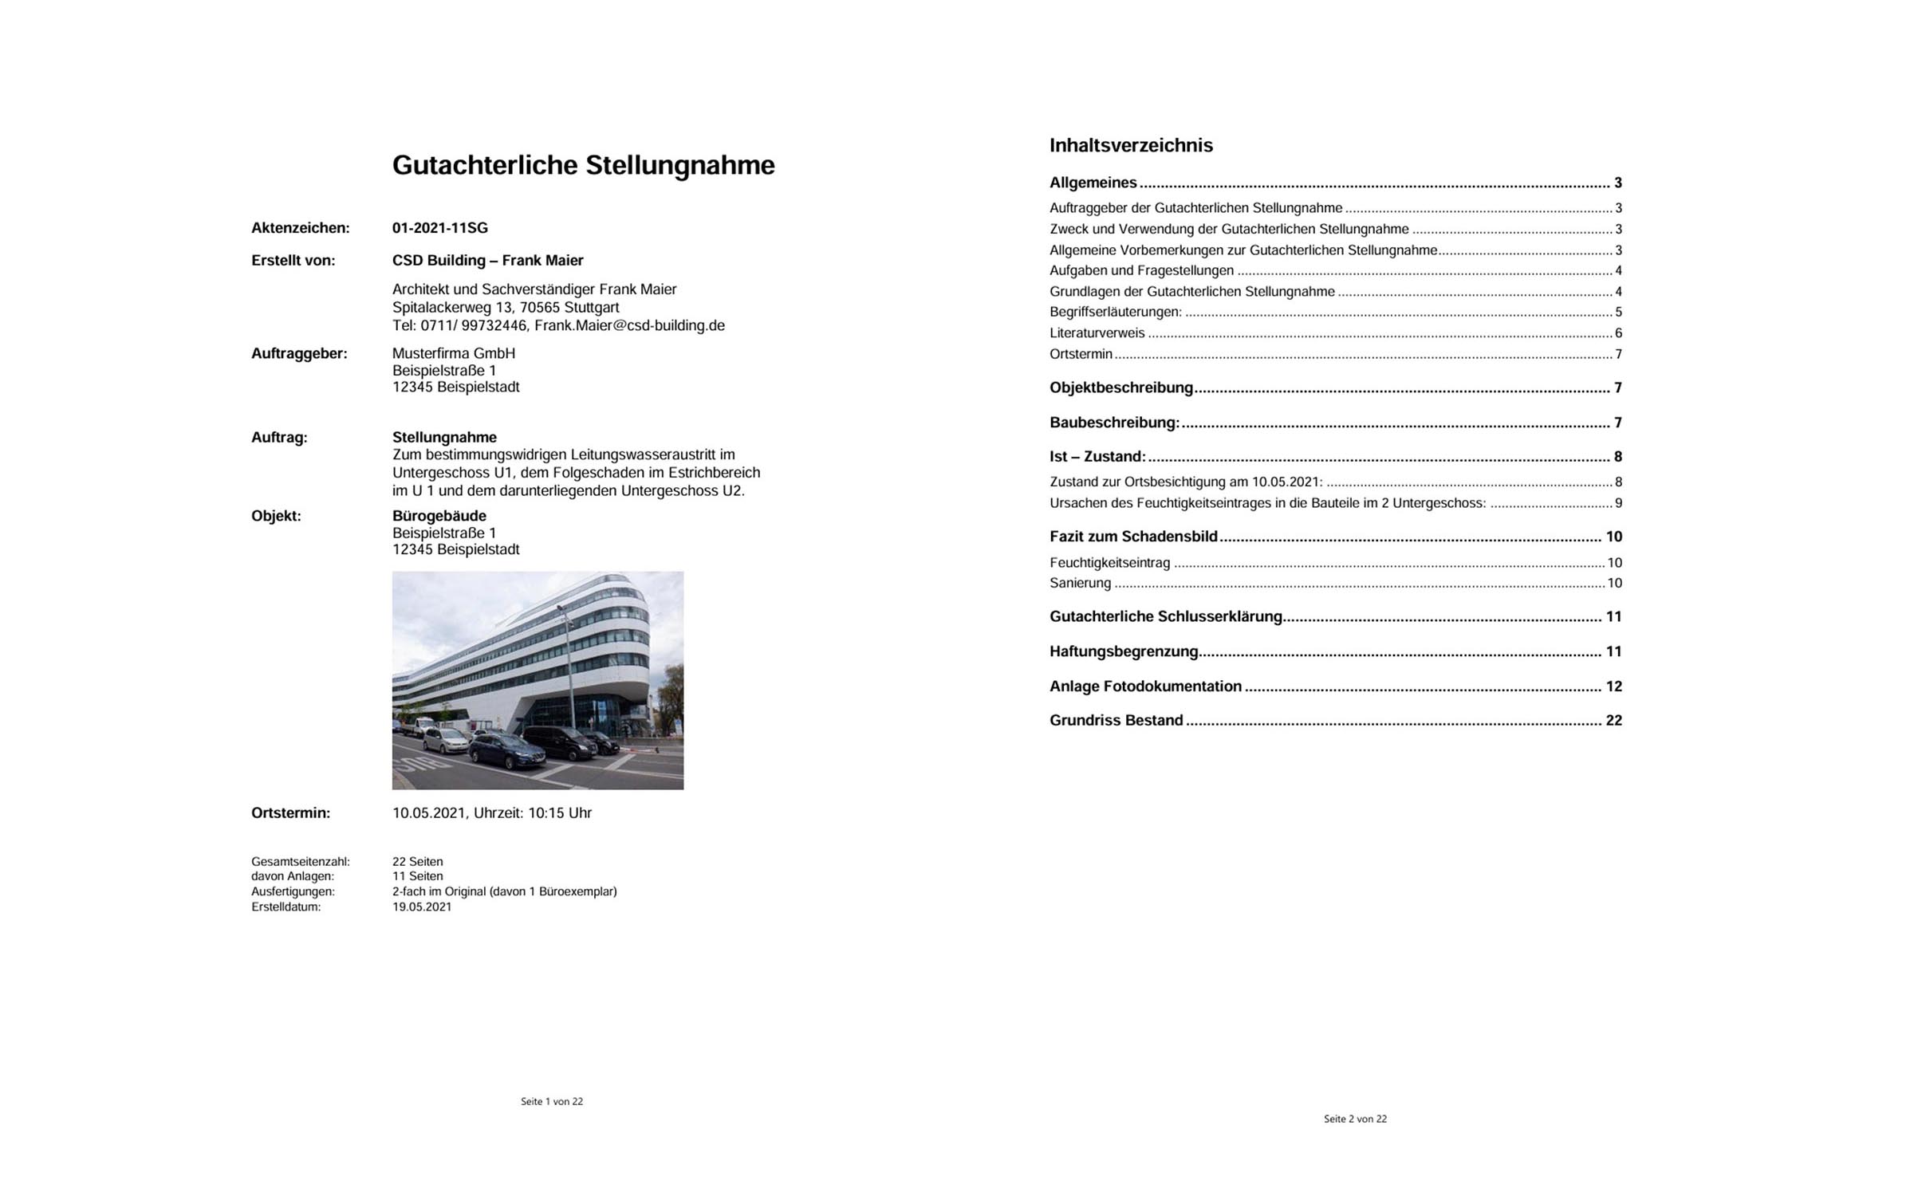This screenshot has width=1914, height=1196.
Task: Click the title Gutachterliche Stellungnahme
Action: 583,165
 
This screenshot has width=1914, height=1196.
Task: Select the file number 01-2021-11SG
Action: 439,228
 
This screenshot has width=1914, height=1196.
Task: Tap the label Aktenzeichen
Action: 300,228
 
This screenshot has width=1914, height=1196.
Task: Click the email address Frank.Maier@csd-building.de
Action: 629,325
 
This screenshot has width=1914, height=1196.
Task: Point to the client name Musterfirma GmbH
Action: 453,353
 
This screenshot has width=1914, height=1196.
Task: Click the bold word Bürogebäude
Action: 439,516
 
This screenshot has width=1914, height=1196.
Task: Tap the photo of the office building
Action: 538,679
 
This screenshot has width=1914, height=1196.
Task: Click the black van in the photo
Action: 558,742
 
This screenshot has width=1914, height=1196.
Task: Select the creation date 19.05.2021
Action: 421,907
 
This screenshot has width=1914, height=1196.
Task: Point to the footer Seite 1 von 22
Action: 551,1101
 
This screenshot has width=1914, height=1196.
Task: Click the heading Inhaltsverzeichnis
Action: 1130,145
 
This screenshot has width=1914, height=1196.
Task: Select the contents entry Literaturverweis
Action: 1097,333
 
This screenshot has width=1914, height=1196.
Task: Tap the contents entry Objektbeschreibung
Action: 1120,388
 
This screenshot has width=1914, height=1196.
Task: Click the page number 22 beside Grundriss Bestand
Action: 1613,721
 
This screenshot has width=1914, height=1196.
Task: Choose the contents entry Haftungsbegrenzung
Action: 1123,651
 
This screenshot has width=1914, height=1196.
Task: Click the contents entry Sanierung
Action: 1080,583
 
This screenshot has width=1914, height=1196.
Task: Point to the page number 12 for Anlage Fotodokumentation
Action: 1613,687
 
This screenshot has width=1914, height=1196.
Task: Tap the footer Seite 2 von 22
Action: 1354,1119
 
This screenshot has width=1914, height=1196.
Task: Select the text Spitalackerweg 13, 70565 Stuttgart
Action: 505,308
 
